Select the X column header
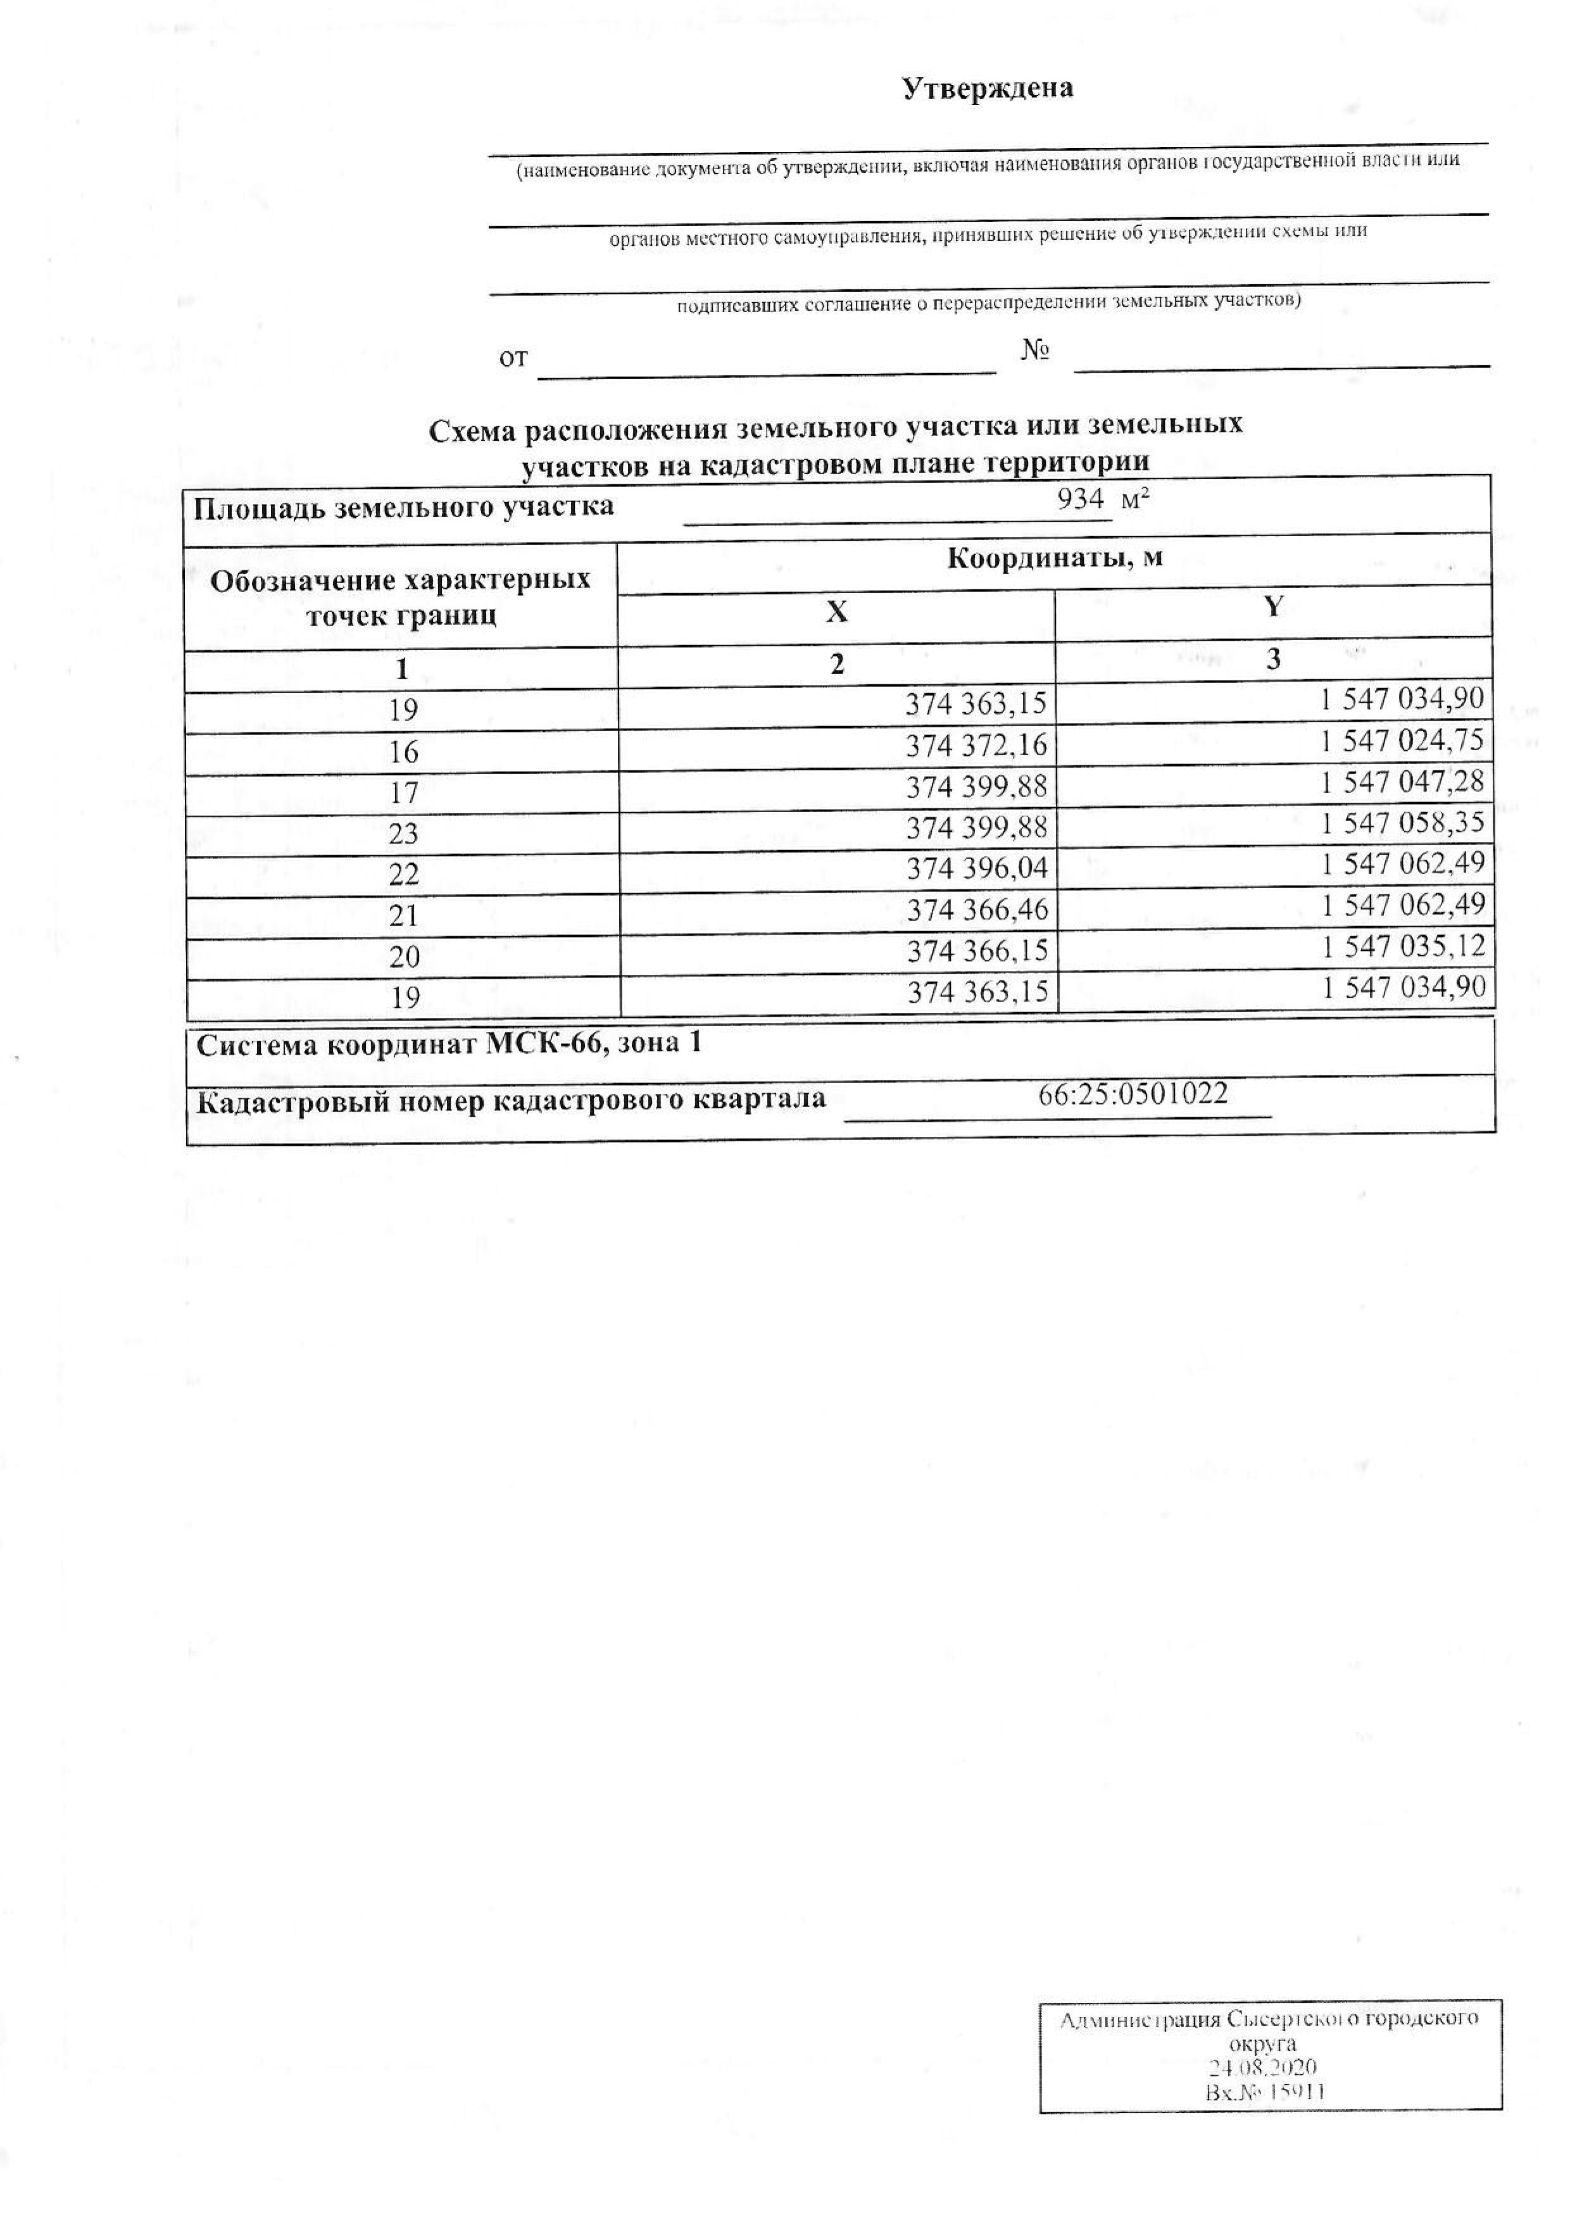pyautogui.click(x=836, y=612)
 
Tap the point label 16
pyautogui.click(x=403, y=751)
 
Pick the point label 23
pyautogui.click(x=403, y=834)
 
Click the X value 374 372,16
pyautogui.click(x=976, y=746)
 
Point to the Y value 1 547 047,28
pyautogui.click(x=1402, y=781)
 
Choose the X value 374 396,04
pyautogui.click(x=976, y=869)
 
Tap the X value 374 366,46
pyautogui.click(x=976, y=910)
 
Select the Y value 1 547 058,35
pyautogui.click(x=1402, y=823)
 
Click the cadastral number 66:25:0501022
pyautogui.click(x=1133, y=1094)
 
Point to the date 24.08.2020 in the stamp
pyautogui.click(x=1262, y=2067)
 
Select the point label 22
pyautogui.click(x=403, y=874)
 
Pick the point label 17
pyautogui.click(x=403, y=793)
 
